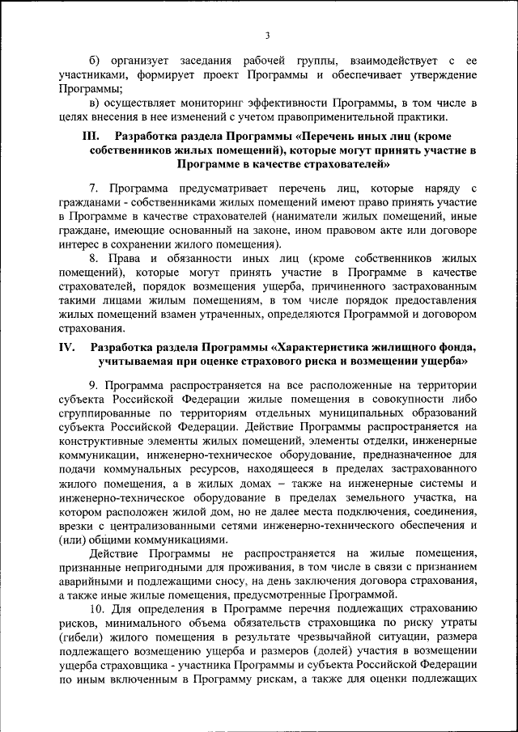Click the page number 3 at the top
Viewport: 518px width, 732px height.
[x=267, y=35]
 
